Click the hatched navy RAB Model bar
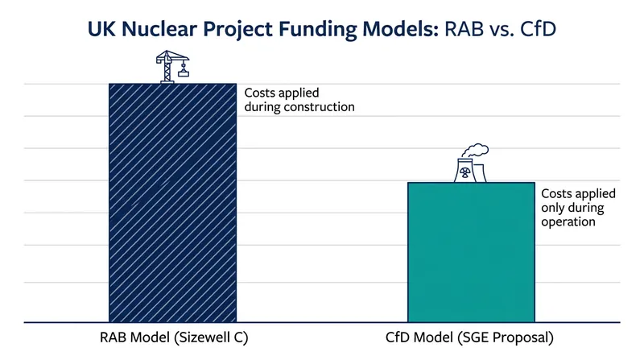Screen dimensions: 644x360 tap(172, 203)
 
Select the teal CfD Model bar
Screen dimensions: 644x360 tap(471, 252)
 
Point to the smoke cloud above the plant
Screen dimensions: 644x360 tap(475, 150)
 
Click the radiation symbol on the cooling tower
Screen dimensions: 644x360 tap(465, 172)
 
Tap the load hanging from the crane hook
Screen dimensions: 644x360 tap(184, 74)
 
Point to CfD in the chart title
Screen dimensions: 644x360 tap(538, 29)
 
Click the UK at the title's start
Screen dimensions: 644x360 tap(102, 29)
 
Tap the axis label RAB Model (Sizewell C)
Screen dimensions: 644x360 tap(174, 337)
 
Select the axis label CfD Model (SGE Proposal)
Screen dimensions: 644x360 tap(469, 337)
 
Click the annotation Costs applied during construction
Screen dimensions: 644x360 tap(299, 100)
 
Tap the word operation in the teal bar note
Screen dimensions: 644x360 tap(568, 222)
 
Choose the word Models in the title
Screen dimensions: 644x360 tap(400, 29)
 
